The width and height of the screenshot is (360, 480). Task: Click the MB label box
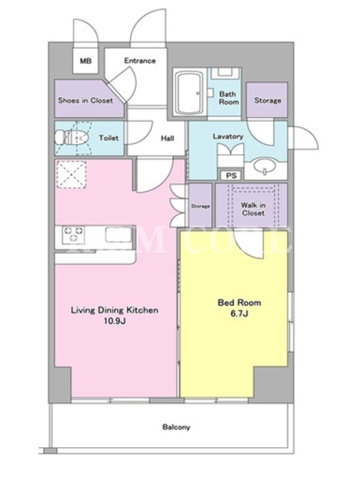coord(86,61)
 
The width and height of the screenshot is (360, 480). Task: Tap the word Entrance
coord(140,61)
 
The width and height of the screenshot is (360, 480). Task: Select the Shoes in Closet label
coord(85,100)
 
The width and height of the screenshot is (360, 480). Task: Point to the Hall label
coord(167,139)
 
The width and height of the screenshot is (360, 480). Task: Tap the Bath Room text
coord(228,98)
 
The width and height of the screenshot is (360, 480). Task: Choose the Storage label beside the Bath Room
coord(268,100)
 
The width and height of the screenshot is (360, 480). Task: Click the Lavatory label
coord(228,136)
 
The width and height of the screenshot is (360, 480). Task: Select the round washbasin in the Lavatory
coord(265,166)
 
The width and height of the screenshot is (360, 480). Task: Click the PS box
coord(231,175)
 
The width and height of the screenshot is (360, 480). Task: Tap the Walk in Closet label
coord(253,209)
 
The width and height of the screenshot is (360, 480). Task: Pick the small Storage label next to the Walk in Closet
coord(200,206)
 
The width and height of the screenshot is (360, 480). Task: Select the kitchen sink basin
coord(119,235)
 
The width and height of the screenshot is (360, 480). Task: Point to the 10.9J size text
coord(115,321)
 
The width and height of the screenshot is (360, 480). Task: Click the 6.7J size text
coord(239,314)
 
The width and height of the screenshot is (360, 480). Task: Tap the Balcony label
coord(176,427)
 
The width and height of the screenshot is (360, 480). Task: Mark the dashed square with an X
coord(71,175)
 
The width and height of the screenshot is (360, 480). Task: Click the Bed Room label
coord(239,303)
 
